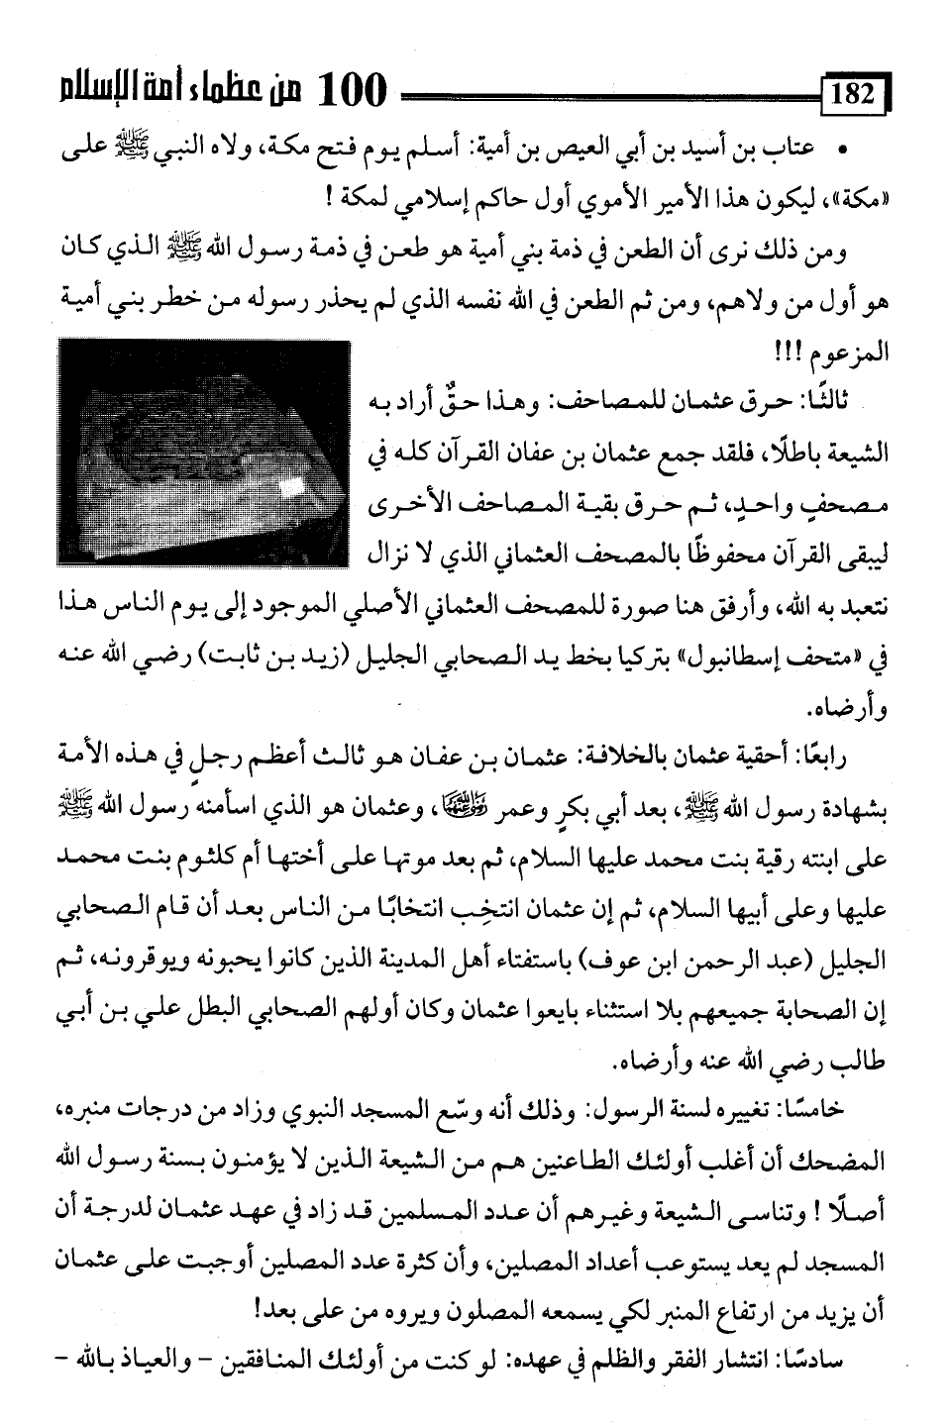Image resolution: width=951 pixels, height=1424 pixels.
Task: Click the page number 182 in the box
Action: [x=854, y=96]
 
